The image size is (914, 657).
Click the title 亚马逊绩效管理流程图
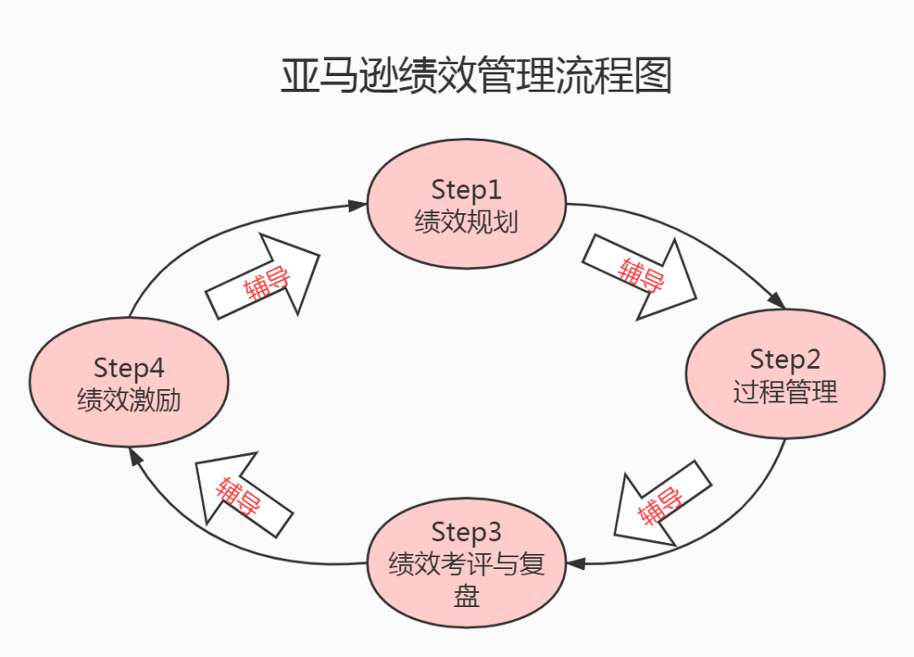click(x=476, y=76)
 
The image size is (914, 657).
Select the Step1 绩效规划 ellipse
click(x=466, y=205)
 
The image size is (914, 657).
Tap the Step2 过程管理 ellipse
click(x=785, y=374)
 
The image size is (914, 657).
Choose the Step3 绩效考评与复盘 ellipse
click(x=466, y=563)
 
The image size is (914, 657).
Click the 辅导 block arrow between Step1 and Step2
click(x=641, y=276)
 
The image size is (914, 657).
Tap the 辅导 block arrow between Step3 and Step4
click(x=240, y=495)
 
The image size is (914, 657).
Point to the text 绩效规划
click(x=466, y=222)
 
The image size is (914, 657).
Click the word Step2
click(x=785, y=359)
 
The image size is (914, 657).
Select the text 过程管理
click(x=785, y=392)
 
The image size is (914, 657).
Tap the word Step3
click(x=466, y=532)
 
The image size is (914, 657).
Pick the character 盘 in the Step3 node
click(x=466, y=596)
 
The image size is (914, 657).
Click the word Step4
click(x=129, y=368)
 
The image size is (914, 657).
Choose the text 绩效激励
click(x=129, y=399)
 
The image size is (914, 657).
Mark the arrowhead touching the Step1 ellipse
click(x=358, y=204)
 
